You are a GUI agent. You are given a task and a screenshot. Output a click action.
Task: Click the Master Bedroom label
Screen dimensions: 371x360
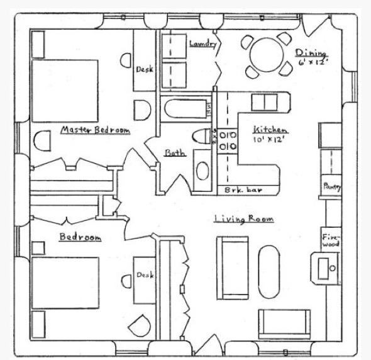96,130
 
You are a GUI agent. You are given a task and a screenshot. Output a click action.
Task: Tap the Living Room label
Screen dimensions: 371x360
244,218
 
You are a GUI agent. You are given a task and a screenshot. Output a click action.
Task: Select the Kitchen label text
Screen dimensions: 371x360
270,130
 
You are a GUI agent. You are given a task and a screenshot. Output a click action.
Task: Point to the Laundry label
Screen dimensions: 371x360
203,43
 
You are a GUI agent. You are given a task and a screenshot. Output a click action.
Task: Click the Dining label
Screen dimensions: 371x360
311,53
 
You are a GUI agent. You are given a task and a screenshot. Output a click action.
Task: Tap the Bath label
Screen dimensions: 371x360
175,153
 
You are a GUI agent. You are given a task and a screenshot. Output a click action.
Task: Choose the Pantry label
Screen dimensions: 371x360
332,186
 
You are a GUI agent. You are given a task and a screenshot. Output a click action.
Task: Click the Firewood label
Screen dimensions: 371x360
331,240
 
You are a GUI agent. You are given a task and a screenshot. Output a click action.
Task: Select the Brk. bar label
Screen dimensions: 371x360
243,190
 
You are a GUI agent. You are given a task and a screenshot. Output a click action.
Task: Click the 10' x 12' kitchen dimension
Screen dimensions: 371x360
269,140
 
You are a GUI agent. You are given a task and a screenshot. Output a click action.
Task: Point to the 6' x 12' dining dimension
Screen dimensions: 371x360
313,62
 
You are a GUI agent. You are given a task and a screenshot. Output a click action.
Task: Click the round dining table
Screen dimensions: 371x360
267,55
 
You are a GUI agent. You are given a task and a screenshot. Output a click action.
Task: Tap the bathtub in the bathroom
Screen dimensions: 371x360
185,109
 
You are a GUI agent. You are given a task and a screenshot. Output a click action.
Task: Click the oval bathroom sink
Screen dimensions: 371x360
202,171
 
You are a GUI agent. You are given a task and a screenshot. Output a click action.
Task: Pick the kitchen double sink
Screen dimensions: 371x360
265,103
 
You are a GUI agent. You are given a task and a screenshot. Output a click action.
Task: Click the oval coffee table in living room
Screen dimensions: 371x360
269,271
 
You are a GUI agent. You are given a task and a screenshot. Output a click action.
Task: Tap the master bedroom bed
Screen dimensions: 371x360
65,91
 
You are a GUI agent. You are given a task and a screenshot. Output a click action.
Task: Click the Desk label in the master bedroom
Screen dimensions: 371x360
145,70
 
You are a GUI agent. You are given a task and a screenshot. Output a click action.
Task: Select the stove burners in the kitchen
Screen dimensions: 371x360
228,141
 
